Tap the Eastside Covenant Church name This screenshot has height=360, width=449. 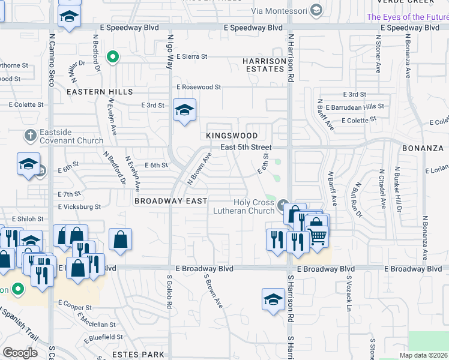pos(64,137)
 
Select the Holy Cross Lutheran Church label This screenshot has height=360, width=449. pos(244,206)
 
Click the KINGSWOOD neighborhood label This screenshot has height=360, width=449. pos(232,136)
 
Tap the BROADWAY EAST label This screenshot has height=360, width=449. pos(171,201)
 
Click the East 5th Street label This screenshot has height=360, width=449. pos(246,147)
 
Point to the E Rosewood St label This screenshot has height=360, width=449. pos(199,87)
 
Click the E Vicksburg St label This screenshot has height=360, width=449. pos(79,206)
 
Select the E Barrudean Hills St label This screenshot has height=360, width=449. pos(358,106)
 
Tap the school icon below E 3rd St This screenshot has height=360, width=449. pos(184,110)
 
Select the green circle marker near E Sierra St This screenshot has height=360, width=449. pos(112,58)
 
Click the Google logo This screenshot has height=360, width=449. pos(20,353)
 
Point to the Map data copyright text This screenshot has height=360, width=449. pos(424,355)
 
